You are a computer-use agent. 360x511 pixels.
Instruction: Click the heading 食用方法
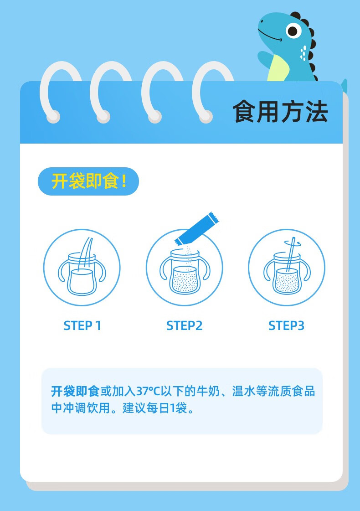(280, 112)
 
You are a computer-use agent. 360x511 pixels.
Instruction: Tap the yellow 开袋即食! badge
(88, 181)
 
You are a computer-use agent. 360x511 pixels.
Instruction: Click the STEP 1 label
(82, 325)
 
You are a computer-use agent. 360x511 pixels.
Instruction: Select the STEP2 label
(185, 325)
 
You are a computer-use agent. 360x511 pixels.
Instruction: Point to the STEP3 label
(286, 325)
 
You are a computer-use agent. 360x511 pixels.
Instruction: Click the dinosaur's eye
(293, 31)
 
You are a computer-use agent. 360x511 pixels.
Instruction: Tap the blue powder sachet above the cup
(197, 228)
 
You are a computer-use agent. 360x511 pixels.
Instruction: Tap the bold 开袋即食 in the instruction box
(75, 391)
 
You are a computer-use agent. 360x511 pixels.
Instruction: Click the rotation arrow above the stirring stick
(293, 243)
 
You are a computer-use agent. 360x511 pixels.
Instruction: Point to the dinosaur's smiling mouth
(270, 37)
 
